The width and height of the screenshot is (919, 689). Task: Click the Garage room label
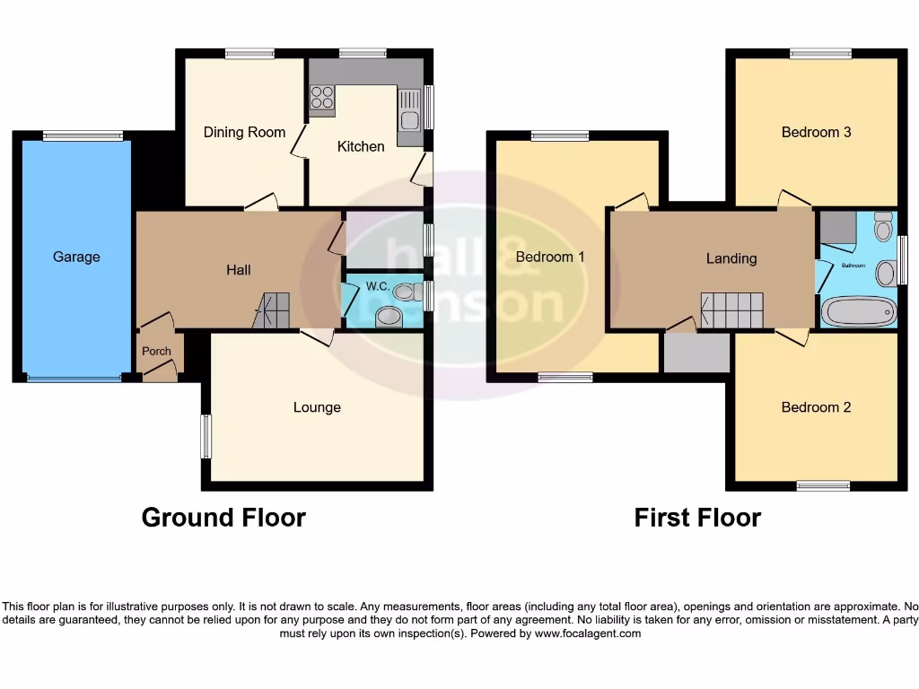[x=76, y=257]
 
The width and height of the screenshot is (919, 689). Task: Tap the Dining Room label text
[x=244, y=133]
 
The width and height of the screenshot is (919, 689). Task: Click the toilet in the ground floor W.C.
[x=405, y=292]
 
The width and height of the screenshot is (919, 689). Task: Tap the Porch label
[x=156, y=351]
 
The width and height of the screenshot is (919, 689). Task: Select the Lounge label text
[x=317, y=407]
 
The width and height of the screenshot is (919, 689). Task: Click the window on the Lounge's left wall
[x=206, y=436]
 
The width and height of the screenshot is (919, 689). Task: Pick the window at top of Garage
[x=83, y=136]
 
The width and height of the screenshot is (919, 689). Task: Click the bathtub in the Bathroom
[x=859, y=312]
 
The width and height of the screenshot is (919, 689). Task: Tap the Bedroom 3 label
[x=816, y=133]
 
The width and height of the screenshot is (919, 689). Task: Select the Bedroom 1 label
[x=550, y=257]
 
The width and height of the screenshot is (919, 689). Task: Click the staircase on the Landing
[x=731, y=310]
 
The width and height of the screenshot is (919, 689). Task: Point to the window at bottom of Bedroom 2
[x=823, y=485]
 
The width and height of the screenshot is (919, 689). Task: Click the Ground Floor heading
[x=223, y=518]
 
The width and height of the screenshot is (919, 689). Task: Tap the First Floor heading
[x=697, y=518]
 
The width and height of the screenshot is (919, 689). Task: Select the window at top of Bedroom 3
[x=820, y=54]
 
